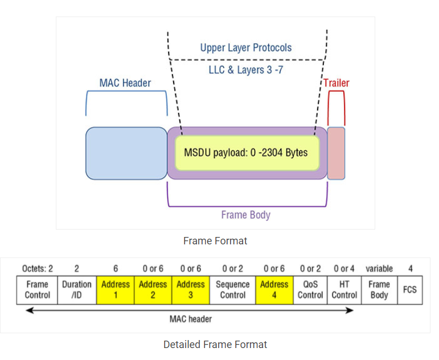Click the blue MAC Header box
pos(126,153)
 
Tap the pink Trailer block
pos(336,153)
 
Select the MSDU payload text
pos(245,153)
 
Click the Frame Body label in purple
pos(245,215)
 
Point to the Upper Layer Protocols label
pos(245,47)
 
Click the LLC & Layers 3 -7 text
pos(245,71)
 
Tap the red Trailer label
pos(336,83)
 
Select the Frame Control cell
pos(38,289)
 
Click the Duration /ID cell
pos(77,289)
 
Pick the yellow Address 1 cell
pos(116,289)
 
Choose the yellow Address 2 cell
pos(153,289)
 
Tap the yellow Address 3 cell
pos(191,289)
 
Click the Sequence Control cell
pos(233,289)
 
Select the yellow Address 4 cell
pos(274,289)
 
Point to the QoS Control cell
pos(311,289)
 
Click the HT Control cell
pos(344,289)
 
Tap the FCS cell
pos(409,289)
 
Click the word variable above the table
pos(379,268)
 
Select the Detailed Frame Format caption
pos(215,344)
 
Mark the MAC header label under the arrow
pos(191,319)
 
